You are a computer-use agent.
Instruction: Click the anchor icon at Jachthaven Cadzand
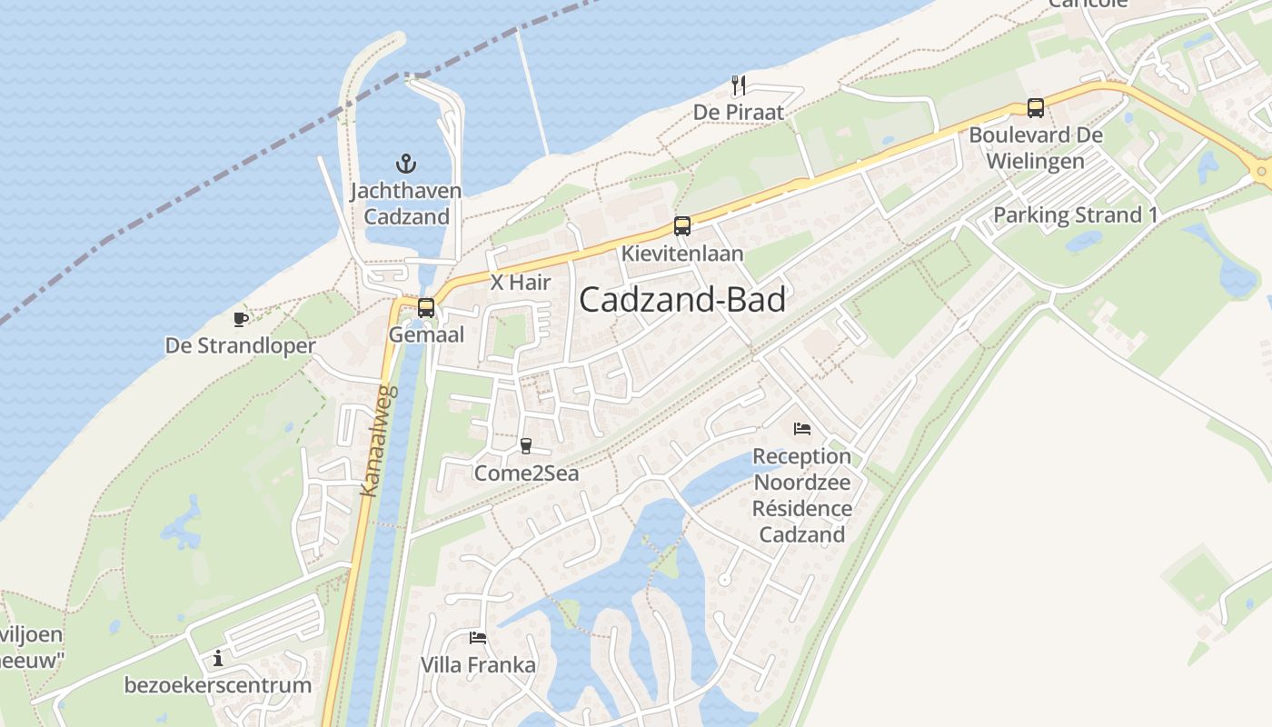coord(406,164)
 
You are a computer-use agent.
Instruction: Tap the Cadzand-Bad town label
coord(681,299)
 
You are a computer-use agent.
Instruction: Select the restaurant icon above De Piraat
coord(739,85)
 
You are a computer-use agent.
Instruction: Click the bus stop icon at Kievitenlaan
coord(681,226)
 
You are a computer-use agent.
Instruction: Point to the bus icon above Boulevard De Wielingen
coord(1035,107)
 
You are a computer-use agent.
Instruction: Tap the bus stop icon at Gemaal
coord(425,308)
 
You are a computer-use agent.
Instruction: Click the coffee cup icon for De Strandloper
coord(240,319)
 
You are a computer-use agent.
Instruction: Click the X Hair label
coord(521,283)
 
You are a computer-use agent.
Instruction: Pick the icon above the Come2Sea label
coord(525,445)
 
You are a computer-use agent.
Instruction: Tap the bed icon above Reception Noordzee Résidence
coord(801,428)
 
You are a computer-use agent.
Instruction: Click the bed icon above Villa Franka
coord(478,638)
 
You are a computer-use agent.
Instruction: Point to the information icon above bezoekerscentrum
coord(218,658)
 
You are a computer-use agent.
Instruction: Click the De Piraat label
coord(738,113)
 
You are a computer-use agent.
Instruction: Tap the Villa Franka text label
coord(478,665)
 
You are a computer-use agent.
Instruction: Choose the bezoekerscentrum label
coord(218,685)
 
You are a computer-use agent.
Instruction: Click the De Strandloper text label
coord(240,346)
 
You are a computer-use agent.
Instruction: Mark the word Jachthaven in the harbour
coord(406,191)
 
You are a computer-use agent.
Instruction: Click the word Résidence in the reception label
coord(802,508)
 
